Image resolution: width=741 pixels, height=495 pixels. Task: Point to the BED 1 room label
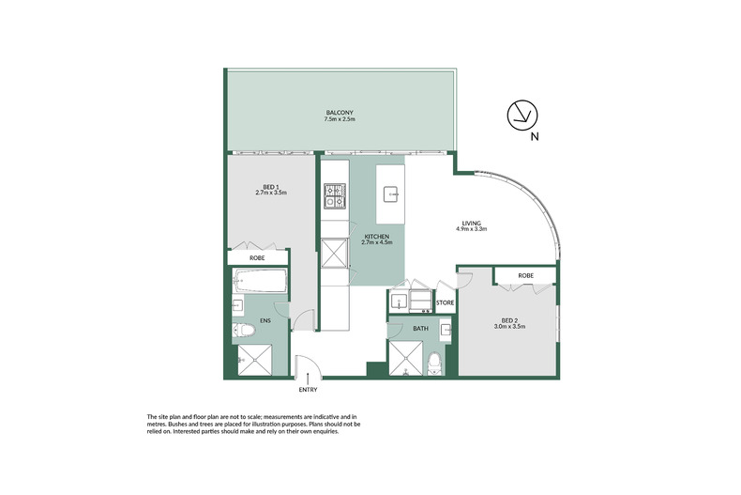270,189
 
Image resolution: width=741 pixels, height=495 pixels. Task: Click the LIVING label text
471,225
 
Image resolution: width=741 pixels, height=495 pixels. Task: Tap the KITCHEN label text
378,239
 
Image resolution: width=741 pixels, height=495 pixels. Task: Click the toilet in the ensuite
242,329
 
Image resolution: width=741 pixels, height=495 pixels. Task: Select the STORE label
445,302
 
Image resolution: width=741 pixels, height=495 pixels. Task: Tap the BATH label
422,329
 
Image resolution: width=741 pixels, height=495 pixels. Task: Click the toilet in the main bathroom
434,364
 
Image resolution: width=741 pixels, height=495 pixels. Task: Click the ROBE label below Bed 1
256,257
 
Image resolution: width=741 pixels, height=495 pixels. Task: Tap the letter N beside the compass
534,137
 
